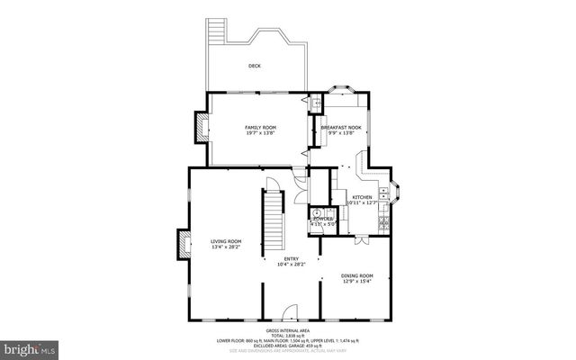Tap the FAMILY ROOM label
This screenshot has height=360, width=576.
tap(261, 128)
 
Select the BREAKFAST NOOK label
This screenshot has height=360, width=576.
tap(340, 128)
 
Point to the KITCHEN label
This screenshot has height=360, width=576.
tap(362, 197)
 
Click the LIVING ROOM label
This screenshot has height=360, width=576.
tap(227, 241)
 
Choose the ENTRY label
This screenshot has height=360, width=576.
tap(292, 258)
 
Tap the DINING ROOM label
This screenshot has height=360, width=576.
tap(356, 275)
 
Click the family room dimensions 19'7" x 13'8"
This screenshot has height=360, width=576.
tap(261, 134)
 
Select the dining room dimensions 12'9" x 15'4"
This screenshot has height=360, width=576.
tap(356, 282)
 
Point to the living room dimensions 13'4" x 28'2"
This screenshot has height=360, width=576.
tap(227, 247)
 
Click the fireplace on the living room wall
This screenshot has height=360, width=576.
tap(183, 243)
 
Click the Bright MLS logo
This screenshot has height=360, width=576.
tap(29, 346)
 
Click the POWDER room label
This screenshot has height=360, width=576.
tap(321, 219)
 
